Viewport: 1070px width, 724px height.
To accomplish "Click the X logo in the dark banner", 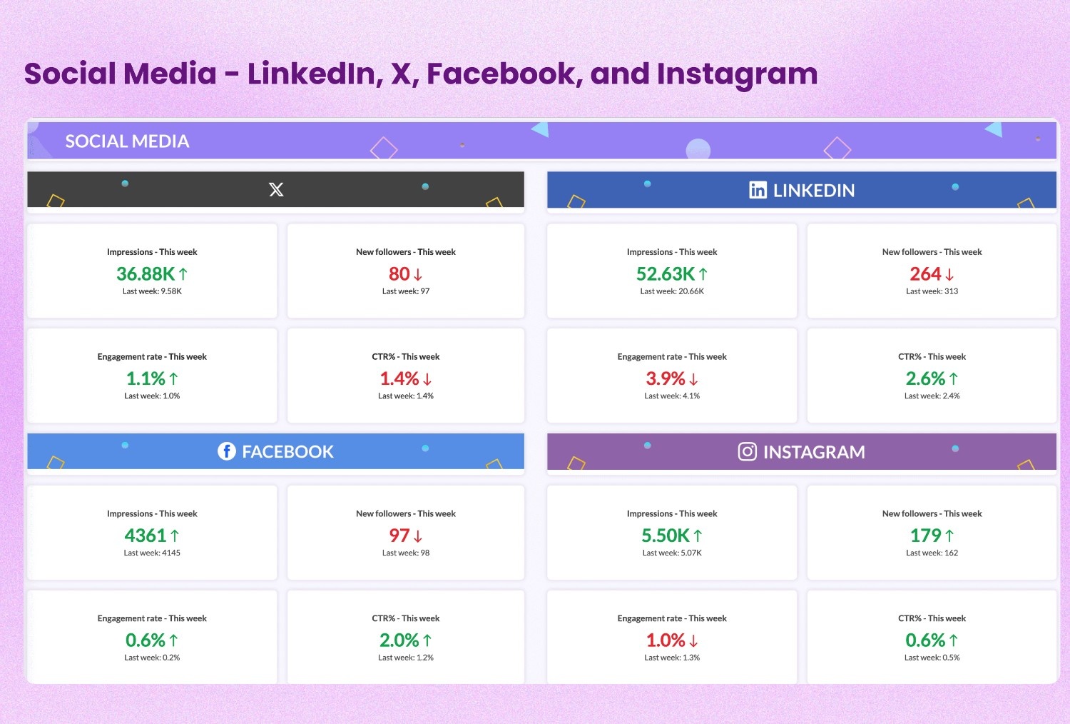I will tap(276, 189).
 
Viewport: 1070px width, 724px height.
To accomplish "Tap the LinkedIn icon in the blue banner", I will tap(758, 190).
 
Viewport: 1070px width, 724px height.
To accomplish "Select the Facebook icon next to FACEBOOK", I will tap(226, 451).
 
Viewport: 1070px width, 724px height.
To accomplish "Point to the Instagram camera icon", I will tap(747, 452).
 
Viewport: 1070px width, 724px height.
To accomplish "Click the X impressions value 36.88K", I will tap(146, 274).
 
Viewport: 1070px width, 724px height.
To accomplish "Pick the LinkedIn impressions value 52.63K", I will tap(666, 274).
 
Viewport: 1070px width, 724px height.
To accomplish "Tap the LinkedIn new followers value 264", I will tap(925, 274).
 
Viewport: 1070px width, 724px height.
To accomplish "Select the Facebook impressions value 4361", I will tap(145, 536).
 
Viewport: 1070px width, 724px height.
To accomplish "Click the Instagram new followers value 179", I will tap(925, 536).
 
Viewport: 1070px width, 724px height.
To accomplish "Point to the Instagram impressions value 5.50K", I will tap(666, 536).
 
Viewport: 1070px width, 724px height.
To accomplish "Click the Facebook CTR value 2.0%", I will tap(399, 640).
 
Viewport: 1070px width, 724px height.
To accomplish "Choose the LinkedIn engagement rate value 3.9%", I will tap(666, 378).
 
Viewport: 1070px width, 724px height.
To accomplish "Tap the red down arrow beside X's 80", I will tap(418, 275).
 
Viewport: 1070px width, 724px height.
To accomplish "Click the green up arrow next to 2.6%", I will tap(954, 379).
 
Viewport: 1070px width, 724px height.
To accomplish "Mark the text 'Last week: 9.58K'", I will tap(152, 291).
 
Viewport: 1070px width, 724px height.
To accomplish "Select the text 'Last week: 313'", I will tap(932, 291).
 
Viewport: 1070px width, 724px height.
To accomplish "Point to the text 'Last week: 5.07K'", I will tap(672, 553).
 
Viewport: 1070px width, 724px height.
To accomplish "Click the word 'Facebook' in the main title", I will tap(504, 74).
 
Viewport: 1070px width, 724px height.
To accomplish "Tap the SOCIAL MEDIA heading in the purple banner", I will tap(127, 141).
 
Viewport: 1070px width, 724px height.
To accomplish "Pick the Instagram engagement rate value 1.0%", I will tap(666, 640).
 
